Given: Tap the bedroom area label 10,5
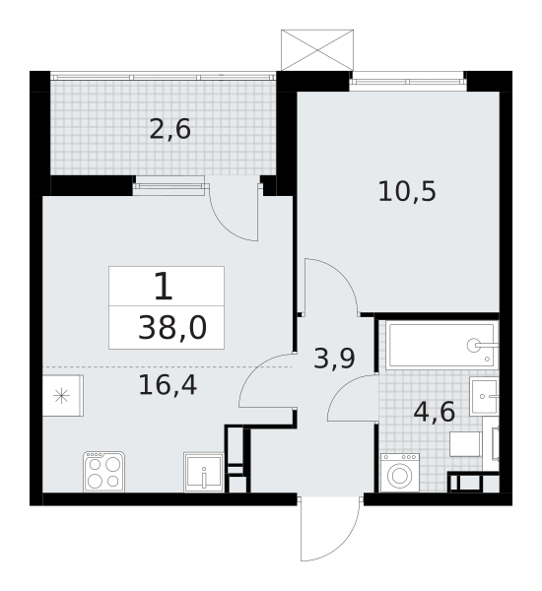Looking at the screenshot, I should (406, 191).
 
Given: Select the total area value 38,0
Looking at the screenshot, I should (171, 327).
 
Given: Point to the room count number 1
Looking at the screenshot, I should (164, 287).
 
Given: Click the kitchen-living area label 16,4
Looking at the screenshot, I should (168, 385).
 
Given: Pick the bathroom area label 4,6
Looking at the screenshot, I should (434, 411).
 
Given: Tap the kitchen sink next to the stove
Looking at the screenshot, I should (203, 472).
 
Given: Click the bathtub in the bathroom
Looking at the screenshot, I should (440, 345).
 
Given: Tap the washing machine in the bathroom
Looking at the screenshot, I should (399, 473).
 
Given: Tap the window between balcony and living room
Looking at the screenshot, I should (169, 184).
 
